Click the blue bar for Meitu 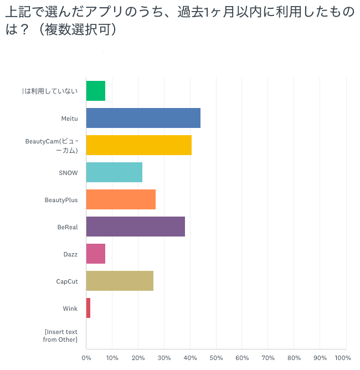click(143, 118)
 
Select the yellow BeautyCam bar click(139, 145)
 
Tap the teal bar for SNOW click(114, 172)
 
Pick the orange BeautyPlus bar click(121, 199)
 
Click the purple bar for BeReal click(136, 227)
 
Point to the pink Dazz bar click(96, 254)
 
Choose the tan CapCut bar click(120, 281)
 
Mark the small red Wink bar click(89, 308)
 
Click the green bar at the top click(96, 91)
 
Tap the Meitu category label click(69, 119)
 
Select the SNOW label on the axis click(68, 173)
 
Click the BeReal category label click(67, 227)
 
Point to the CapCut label click(67, 281)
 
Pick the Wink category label click(70, 309)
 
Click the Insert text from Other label click(60, 336)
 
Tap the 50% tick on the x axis click(216, 358)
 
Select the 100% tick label click(343, 358)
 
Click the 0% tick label click(86, 358)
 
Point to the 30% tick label click(164, 358)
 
